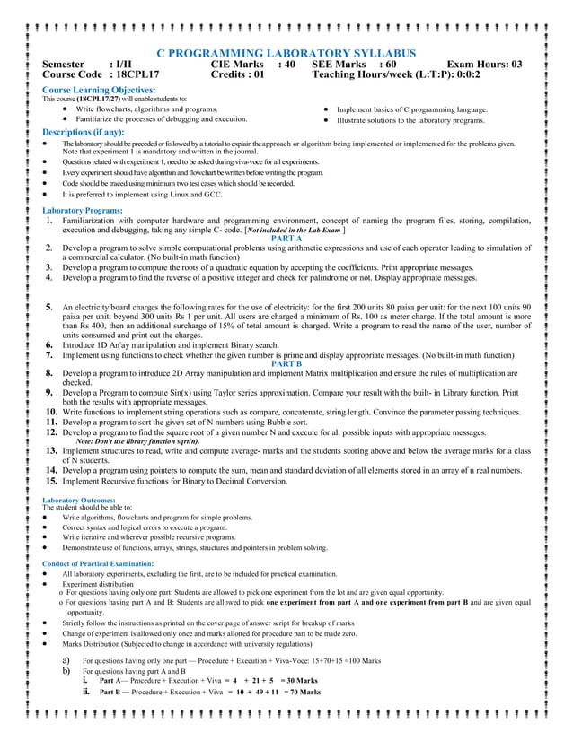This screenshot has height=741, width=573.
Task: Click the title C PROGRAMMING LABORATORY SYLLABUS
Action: click(x=286, y=54)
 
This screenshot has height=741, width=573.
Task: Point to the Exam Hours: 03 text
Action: click(x=484, y=65)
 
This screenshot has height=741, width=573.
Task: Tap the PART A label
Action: click(x=286, y=239)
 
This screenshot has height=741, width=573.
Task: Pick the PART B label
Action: click(x=286, y=363)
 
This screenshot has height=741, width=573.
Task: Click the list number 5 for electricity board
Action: click(x=50, y=308)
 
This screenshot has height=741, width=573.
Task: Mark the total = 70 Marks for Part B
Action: click(x=297, y=692)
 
